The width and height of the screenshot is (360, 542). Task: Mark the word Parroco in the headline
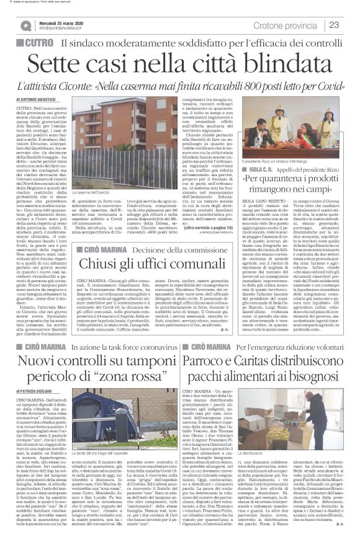pos(219,358)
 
